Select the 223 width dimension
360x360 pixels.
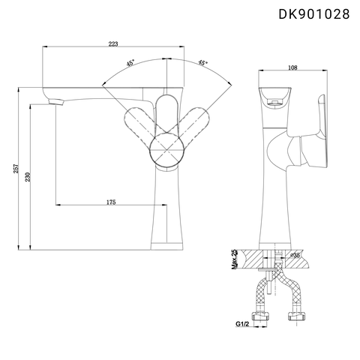click(x=113, y=44)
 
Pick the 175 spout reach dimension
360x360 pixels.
click(x=109, y=202)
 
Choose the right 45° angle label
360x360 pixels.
click(x=203, y=64)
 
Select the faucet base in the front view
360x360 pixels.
click(x=168, y=241)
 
